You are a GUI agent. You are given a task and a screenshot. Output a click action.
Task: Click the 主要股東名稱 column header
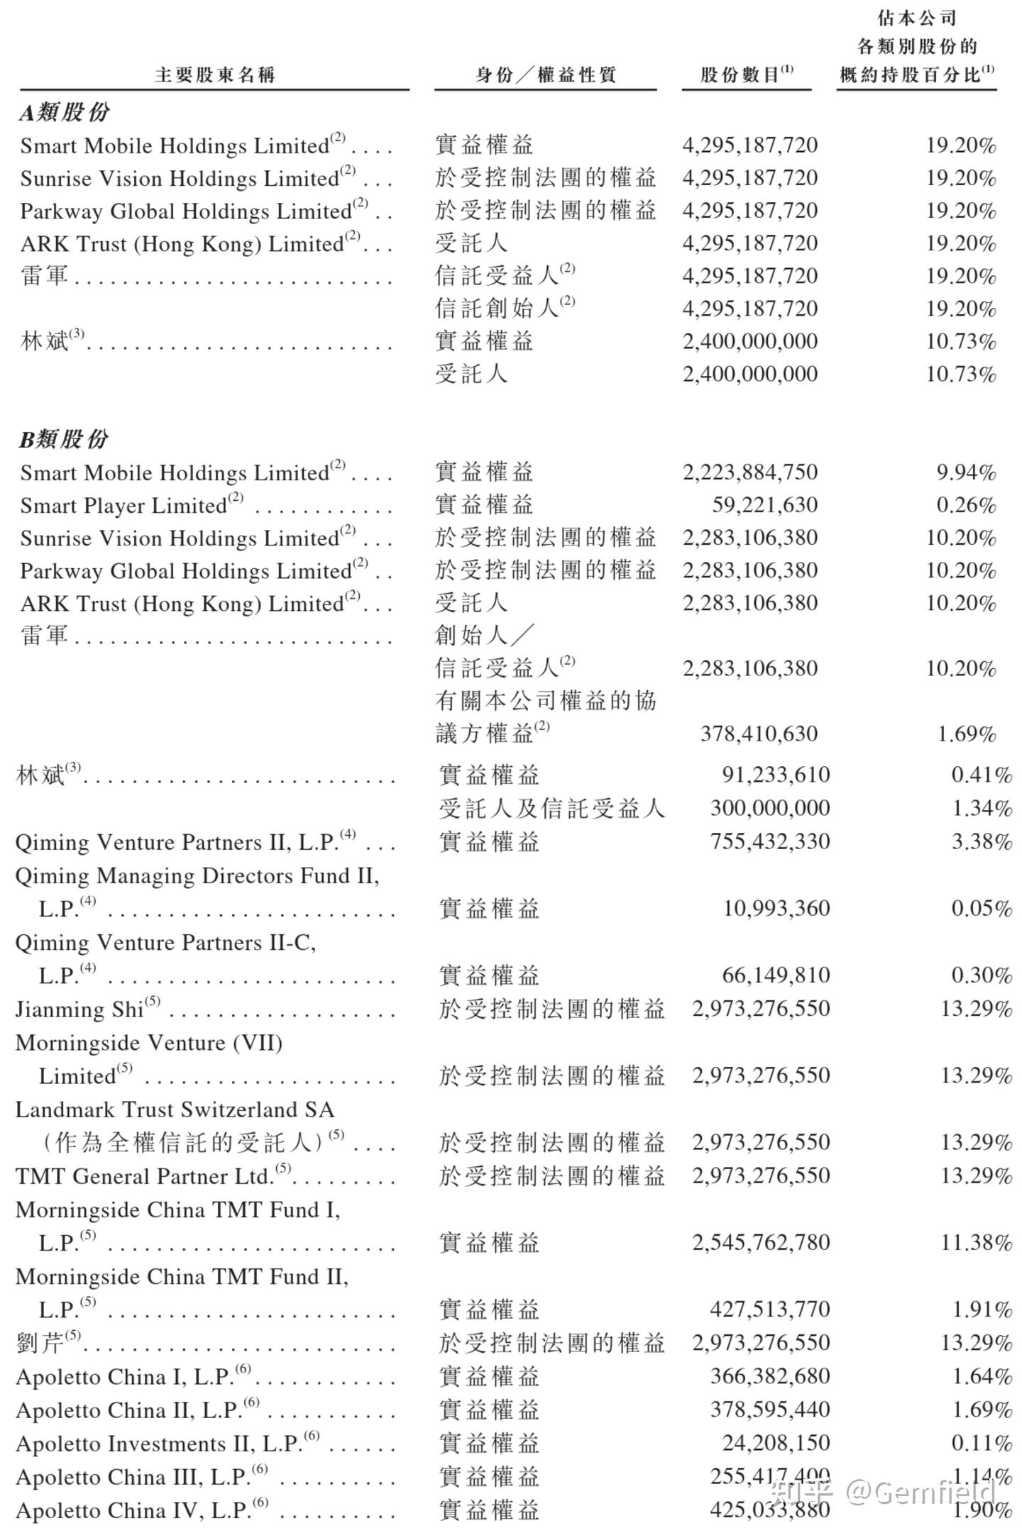click(214, 74)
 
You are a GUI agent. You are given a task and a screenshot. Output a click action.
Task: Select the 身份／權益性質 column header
click(545, 74)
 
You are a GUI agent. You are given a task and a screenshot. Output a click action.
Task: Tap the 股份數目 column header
click(746, 74)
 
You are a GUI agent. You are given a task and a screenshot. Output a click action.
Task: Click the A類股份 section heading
click(65, 112)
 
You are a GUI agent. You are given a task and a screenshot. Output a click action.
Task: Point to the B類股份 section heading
click(64, 439)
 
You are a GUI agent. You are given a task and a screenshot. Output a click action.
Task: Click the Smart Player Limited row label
click(123, 506)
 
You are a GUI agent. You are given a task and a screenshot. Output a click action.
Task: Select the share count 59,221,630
click(764, 505)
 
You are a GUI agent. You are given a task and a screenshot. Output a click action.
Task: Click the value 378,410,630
click(759, 734)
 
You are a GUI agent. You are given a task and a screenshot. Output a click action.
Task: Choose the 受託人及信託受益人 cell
click(551, 808)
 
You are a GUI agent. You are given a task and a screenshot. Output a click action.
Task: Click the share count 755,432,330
click(769, 841)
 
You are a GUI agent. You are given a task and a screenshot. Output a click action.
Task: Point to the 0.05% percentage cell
click(982, 908)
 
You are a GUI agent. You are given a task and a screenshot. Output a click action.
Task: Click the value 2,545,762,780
click(761, 1242)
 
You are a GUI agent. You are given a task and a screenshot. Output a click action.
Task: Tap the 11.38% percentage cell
click(976, 1242)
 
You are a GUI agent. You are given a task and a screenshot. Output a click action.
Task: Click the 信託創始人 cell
click(498, 308)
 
